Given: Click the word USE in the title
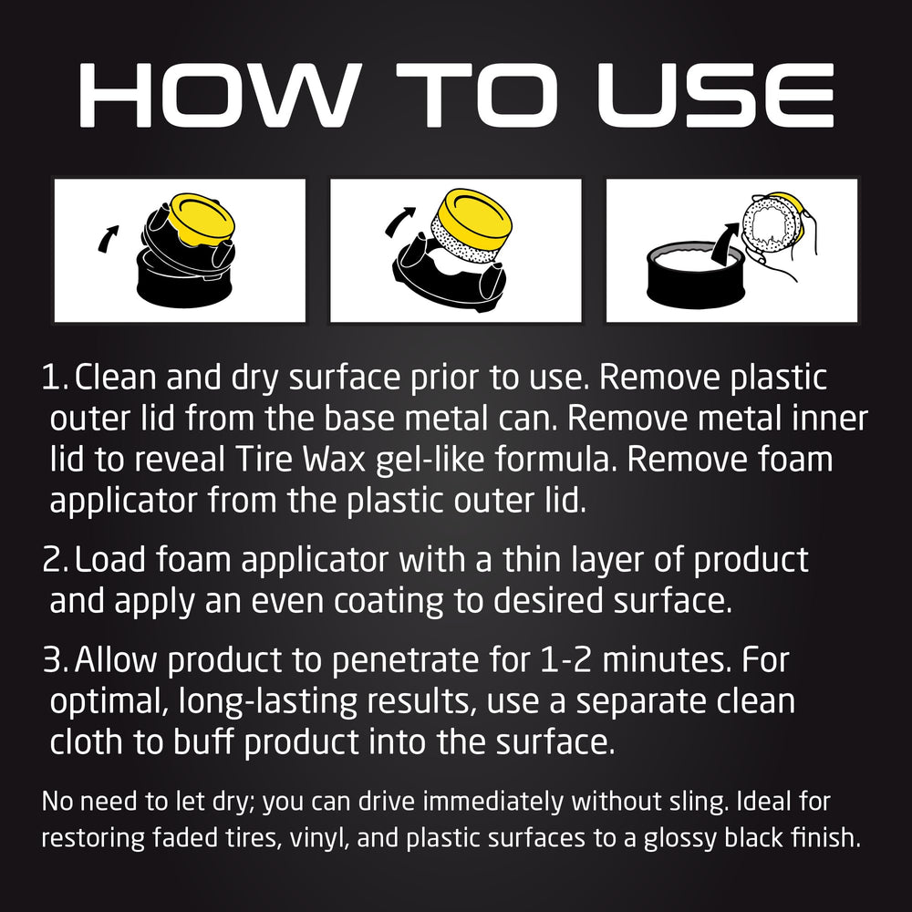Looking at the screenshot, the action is pyautogui.click(x=716, y=95).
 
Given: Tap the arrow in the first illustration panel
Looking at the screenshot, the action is pyautogui.click(x=109, y=238).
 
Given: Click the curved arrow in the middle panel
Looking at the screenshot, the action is pyautogui.click(x=399, y=222).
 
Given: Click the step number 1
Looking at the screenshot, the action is pyautogui.click(x=54, y=378).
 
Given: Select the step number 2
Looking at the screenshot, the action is pyautogui.click(x=55, y=560).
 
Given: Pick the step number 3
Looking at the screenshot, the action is pyautogui.click(x=55, y=660).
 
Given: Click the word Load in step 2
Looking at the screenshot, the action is pyautogui.click(x=110, y=559).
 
